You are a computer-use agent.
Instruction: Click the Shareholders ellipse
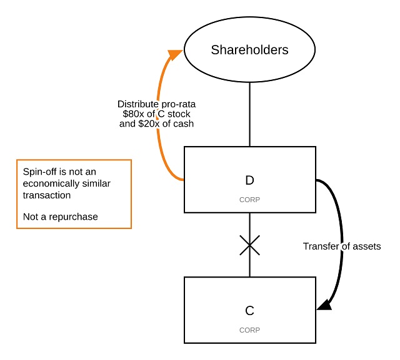(x=249, y=50)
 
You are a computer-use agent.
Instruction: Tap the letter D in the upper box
(x=249, y=181)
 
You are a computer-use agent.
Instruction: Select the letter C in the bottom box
(x=249, y=310)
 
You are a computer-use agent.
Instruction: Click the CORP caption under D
(x=249, y=200)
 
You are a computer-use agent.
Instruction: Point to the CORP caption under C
(x=249, y=329)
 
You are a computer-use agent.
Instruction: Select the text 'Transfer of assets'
(x=342, y=246)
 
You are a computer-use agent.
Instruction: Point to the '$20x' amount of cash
(x=159, y=124)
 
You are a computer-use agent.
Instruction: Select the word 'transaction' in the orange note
(x=47, y=195)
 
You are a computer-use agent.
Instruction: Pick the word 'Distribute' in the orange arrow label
(x=138, y=104)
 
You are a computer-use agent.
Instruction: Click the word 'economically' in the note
(x=51, y=184)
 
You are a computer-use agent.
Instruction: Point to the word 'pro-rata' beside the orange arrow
(x=177, y=104)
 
